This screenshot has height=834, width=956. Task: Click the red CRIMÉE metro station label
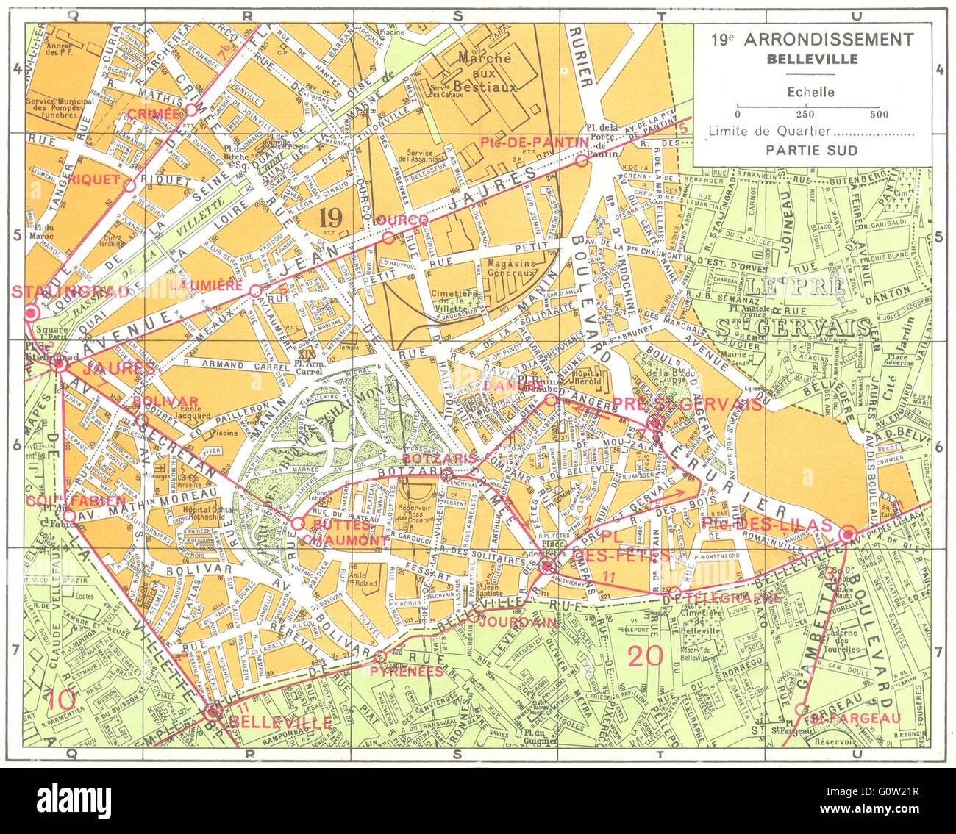pyautogui.click(x=153, y=112)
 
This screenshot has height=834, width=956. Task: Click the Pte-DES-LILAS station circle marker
pyautogui.click(x=847, y=534)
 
